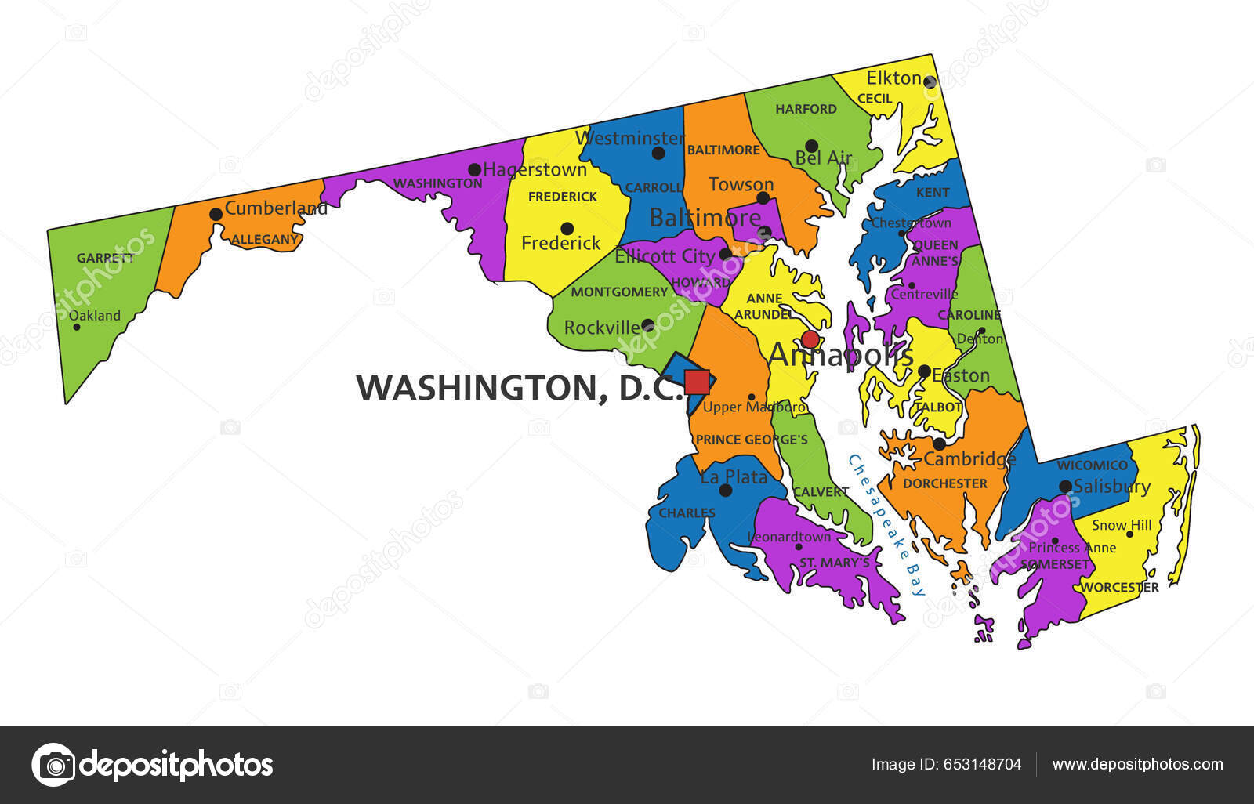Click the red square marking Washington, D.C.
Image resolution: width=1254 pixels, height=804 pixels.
pyautogui.click(x=697, y=382)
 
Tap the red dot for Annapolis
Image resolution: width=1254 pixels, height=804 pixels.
pyautogui.click(x=810, y=339)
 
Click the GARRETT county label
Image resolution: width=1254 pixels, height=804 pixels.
pyautogui.click(x=105, y=258)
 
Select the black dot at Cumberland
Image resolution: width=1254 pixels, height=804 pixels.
pyautogui.click(x=216, y=214)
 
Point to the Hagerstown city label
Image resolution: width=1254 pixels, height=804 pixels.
pyautogui.click(x=535, y=169)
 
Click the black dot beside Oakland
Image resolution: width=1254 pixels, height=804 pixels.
pyautogui.click(x=77, y=326)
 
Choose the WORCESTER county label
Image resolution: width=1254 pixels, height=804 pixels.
pyautogui.click(x=1119, y=587)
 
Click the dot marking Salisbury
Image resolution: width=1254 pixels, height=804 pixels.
pyautogui.click(x=1065, y=486)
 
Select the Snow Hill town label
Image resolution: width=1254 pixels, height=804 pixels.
pyautogui.click(x=1122, y=525)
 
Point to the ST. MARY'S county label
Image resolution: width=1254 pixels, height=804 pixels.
pyautogui.click(x=834, y=563)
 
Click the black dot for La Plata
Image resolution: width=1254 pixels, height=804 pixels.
pyautogui.click(x=726, y=491)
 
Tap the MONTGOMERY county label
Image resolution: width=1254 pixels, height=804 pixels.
pyautogui.click(x=619, y=292)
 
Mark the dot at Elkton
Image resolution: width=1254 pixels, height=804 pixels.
pyautogui.click(x=930, y=81)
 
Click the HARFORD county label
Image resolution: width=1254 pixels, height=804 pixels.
pyautogui.click(x=806, y=109)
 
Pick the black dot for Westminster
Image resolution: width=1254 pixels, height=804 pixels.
pyautogui.click(x=658, y=153)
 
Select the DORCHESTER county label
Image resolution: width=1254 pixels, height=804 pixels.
pyautogui.click(x=944, y=483)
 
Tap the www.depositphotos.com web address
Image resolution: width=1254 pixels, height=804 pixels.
pyautogui.click(x=1137, y=765)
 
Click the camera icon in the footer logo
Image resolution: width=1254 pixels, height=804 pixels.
pyautogui.click(x=54, y=765)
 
